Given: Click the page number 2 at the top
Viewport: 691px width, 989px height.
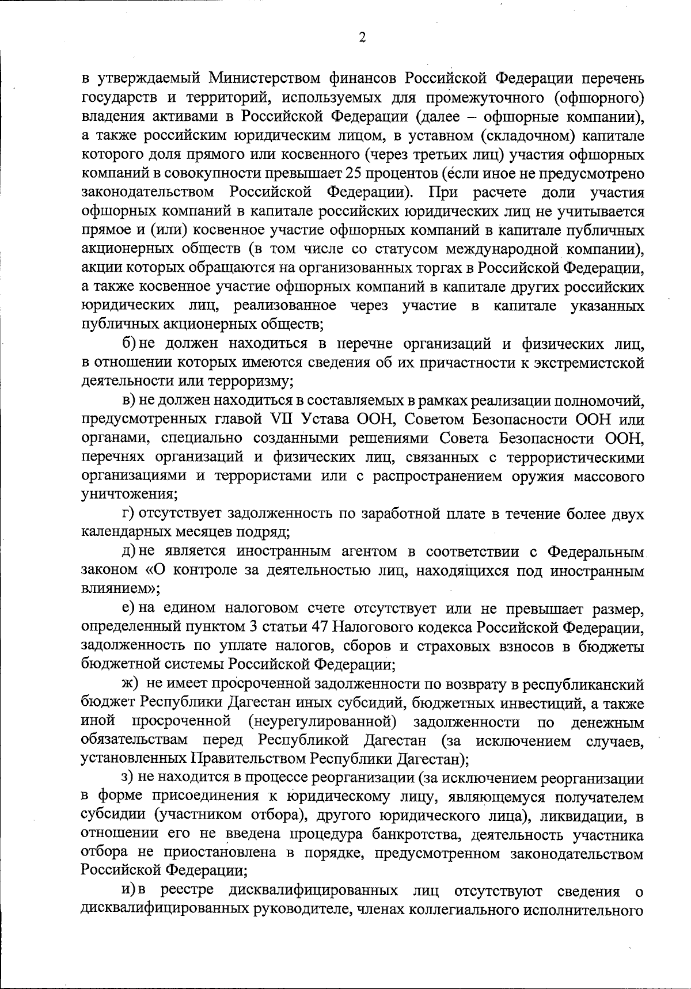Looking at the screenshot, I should pyautogui.click(x=362, y=37).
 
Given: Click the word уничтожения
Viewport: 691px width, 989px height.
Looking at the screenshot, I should pyautogui.click(x=128, y=494).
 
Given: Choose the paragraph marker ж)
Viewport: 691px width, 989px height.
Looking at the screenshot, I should pyautogui.click(x=128, y=684).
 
